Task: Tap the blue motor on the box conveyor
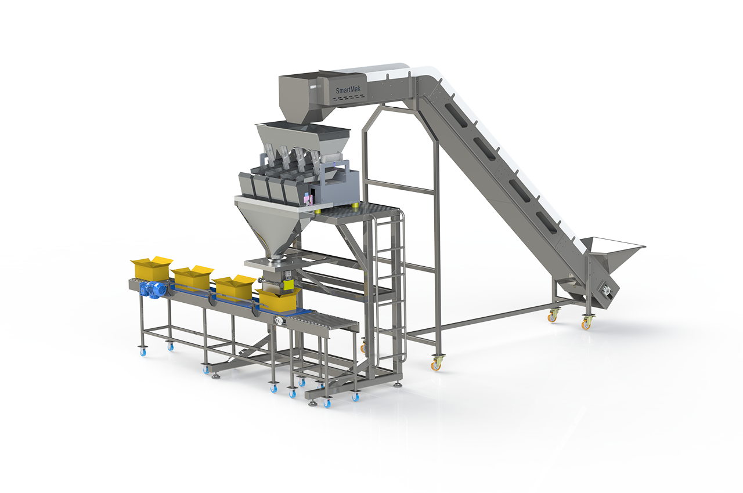[x=153, y=289]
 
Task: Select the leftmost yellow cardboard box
[x=152, y=268]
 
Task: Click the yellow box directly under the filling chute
[x=278, y=299]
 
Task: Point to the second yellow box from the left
[x=192, y=278]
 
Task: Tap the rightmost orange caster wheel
[x=586, y=322]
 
